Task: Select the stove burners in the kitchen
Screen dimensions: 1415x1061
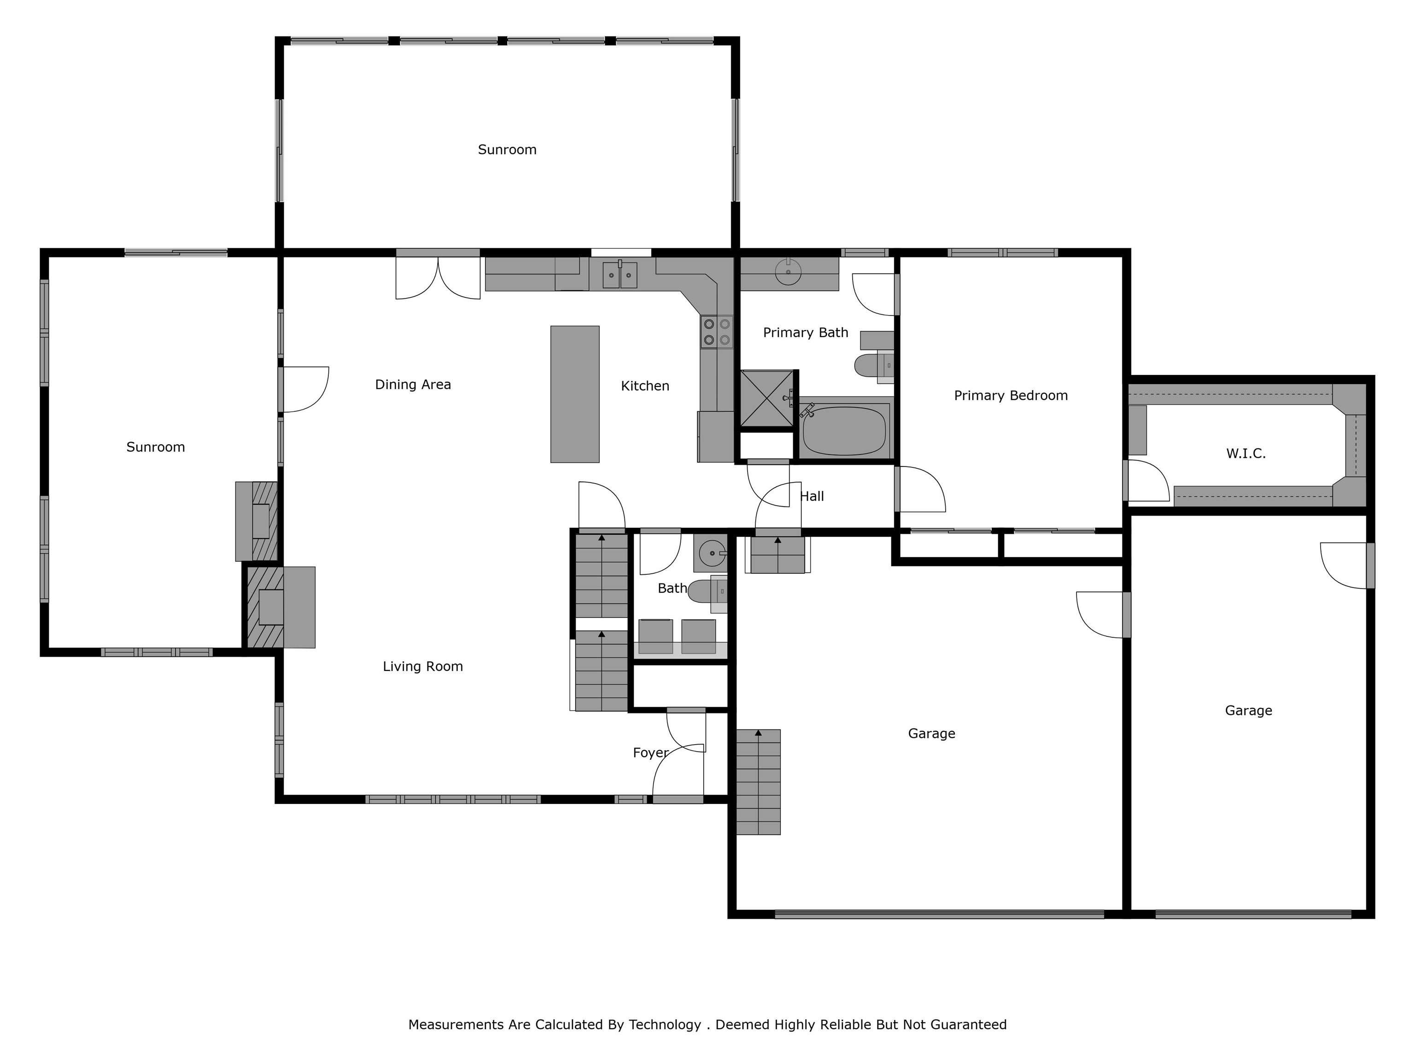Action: point(716,332)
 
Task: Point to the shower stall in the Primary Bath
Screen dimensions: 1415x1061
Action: point(766,398)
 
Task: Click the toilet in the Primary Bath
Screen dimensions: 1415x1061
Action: point(874,366)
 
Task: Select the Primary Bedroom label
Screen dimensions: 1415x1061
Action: point(1011,396)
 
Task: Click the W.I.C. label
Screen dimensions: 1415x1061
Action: point(1245,454)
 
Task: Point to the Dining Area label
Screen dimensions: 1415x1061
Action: point(413,385)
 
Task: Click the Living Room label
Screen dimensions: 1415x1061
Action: point(423,666)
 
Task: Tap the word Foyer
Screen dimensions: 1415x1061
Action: point(650,753)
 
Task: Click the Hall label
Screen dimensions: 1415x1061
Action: point(812,496)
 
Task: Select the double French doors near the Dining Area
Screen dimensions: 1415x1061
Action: point(438,276)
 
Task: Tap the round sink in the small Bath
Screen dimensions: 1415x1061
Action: point(711,553)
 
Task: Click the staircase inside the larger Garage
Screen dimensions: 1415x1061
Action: point(758,781)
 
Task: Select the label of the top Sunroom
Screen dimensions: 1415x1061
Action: point(507,150)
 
